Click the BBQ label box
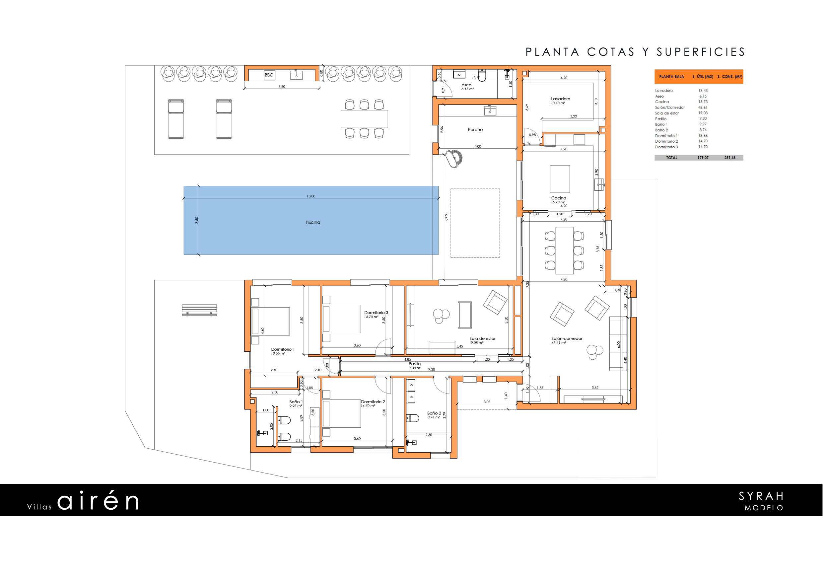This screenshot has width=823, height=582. coord(269,75)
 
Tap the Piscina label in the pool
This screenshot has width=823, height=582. coord(312,222)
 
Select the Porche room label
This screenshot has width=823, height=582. coord(475,129)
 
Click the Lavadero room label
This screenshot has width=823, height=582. coord(560,99)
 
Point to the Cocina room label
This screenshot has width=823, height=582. coord(559,198)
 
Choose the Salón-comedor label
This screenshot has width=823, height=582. coord(567,338)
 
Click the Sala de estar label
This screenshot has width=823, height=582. coord(482,338)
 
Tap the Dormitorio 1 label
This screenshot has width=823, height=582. coord(283,349)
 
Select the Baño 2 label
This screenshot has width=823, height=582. coord(434,413)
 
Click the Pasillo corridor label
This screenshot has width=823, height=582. coord(414,364)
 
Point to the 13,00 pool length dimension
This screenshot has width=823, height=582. coord(311,196)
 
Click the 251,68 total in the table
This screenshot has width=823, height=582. coord(730,158)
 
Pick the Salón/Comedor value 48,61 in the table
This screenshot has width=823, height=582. coord(703,108)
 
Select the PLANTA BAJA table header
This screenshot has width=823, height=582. coord(671,77)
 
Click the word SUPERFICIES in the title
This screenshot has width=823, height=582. coord(701,52)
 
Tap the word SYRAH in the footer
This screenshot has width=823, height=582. coord(761,496)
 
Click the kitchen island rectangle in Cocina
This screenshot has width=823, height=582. coord(560,179)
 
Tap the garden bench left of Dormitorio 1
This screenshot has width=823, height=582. coord(199,310)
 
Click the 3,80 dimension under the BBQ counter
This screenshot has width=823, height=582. coord(282,86)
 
